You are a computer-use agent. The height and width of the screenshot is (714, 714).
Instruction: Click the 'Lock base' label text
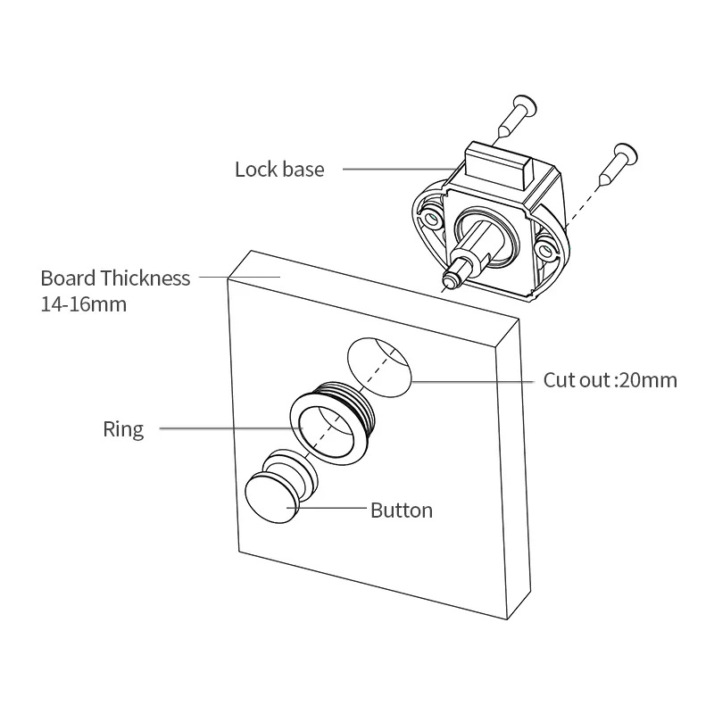(x=279, y=169)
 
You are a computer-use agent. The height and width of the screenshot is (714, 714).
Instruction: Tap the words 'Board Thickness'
(x=115, y=278)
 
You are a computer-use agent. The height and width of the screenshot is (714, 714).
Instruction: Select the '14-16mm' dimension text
(x=84, y=303)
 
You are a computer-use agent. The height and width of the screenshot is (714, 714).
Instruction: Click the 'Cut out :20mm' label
(x=610, y=380)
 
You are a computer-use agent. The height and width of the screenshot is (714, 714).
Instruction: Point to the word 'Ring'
(x=123, y=429)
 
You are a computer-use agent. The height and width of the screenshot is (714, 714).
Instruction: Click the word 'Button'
(x=402, y=511)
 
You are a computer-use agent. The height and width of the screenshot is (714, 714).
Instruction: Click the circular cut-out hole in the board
(x=378, y=363)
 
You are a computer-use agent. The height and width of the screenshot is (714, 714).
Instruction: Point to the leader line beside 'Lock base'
(x=396, y=168)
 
